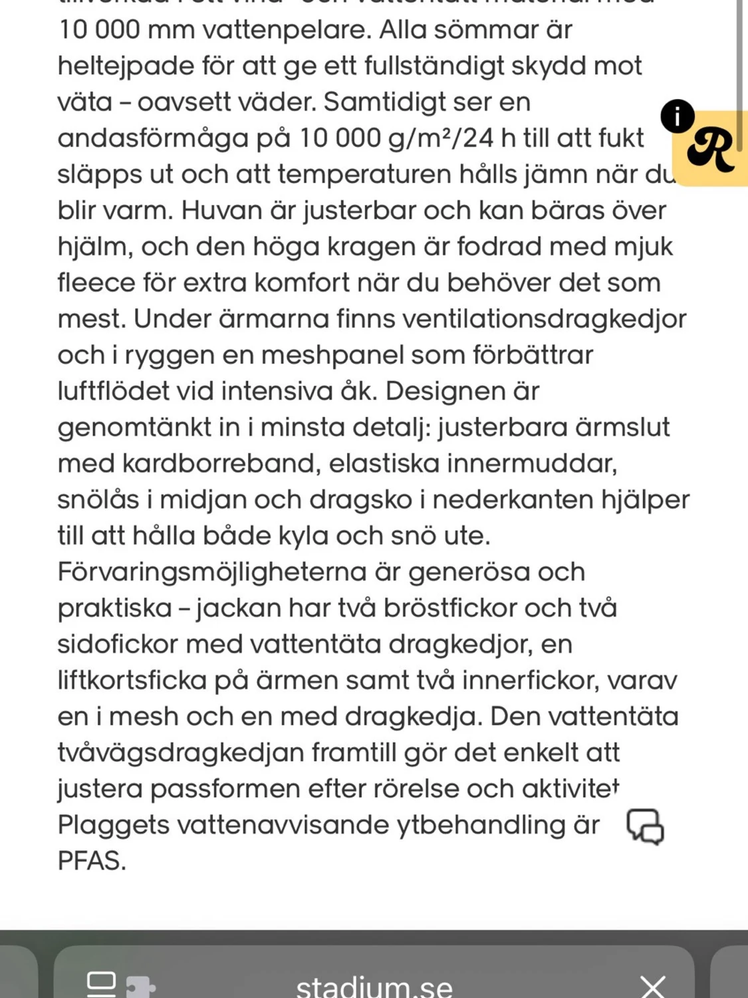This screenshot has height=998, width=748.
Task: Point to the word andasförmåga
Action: coord(153,139)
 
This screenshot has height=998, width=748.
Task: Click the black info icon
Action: coord(677,117)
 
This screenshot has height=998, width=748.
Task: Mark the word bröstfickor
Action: coord(438,608)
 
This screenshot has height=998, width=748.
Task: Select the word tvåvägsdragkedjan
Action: coord(180,753)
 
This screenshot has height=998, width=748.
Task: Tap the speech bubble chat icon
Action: coord(645,826)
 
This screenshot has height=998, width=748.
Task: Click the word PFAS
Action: coord(90,862)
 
